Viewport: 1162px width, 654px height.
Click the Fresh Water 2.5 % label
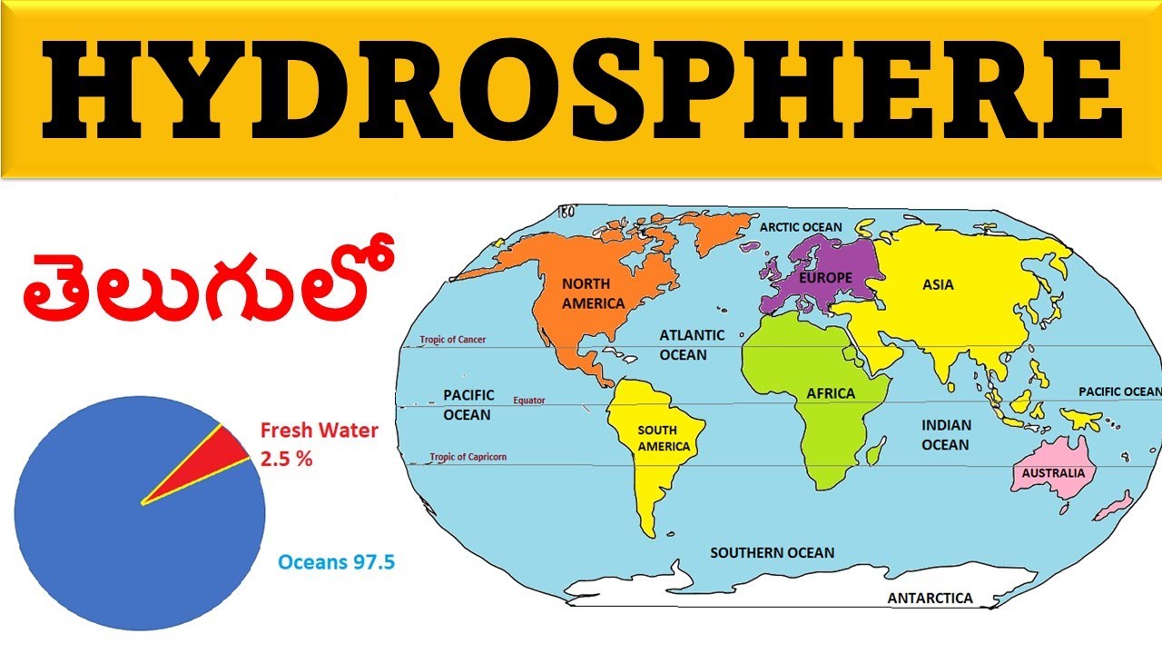click(x=318, y=444)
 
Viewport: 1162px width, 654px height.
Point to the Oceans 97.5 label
click(x=336, y=562)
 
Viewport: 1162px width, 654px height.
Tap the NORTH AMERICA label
click(x=593, y=292)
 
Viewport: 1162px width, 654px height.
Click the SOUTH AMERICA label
click(x=663, y=439)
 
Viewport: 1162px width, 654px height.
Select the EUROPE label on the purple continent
click(x=825, y=276)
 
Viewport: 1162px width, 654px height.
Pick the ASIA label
click(x=938, y=284)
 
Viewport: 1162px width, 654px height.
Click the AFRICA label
click(x=831, y=393)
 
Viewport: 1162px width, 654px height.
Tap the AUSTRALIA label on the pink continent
click(x=1053, y=473)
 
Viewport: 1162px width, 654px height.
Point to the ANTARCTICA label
click(x=930, y=598)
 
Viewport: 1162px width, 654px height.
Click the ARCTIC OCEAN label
click(x=801, y=227)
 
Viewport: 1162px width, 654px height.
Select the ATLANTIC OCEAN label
click(x=692, y=344)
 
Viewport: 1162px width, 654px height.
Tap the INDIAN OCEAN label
click(x=946, y=434)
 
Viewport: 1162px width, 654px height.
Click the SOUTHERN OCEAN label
click(x=772, y=552)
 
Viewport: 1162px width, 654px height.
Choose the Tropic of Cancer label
click(x=452, y=340)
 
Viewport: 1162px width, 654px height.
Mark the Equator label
click(x=529, y=400)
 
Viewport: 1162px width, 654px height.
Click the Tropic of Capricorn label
click(x=468, y=457)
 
